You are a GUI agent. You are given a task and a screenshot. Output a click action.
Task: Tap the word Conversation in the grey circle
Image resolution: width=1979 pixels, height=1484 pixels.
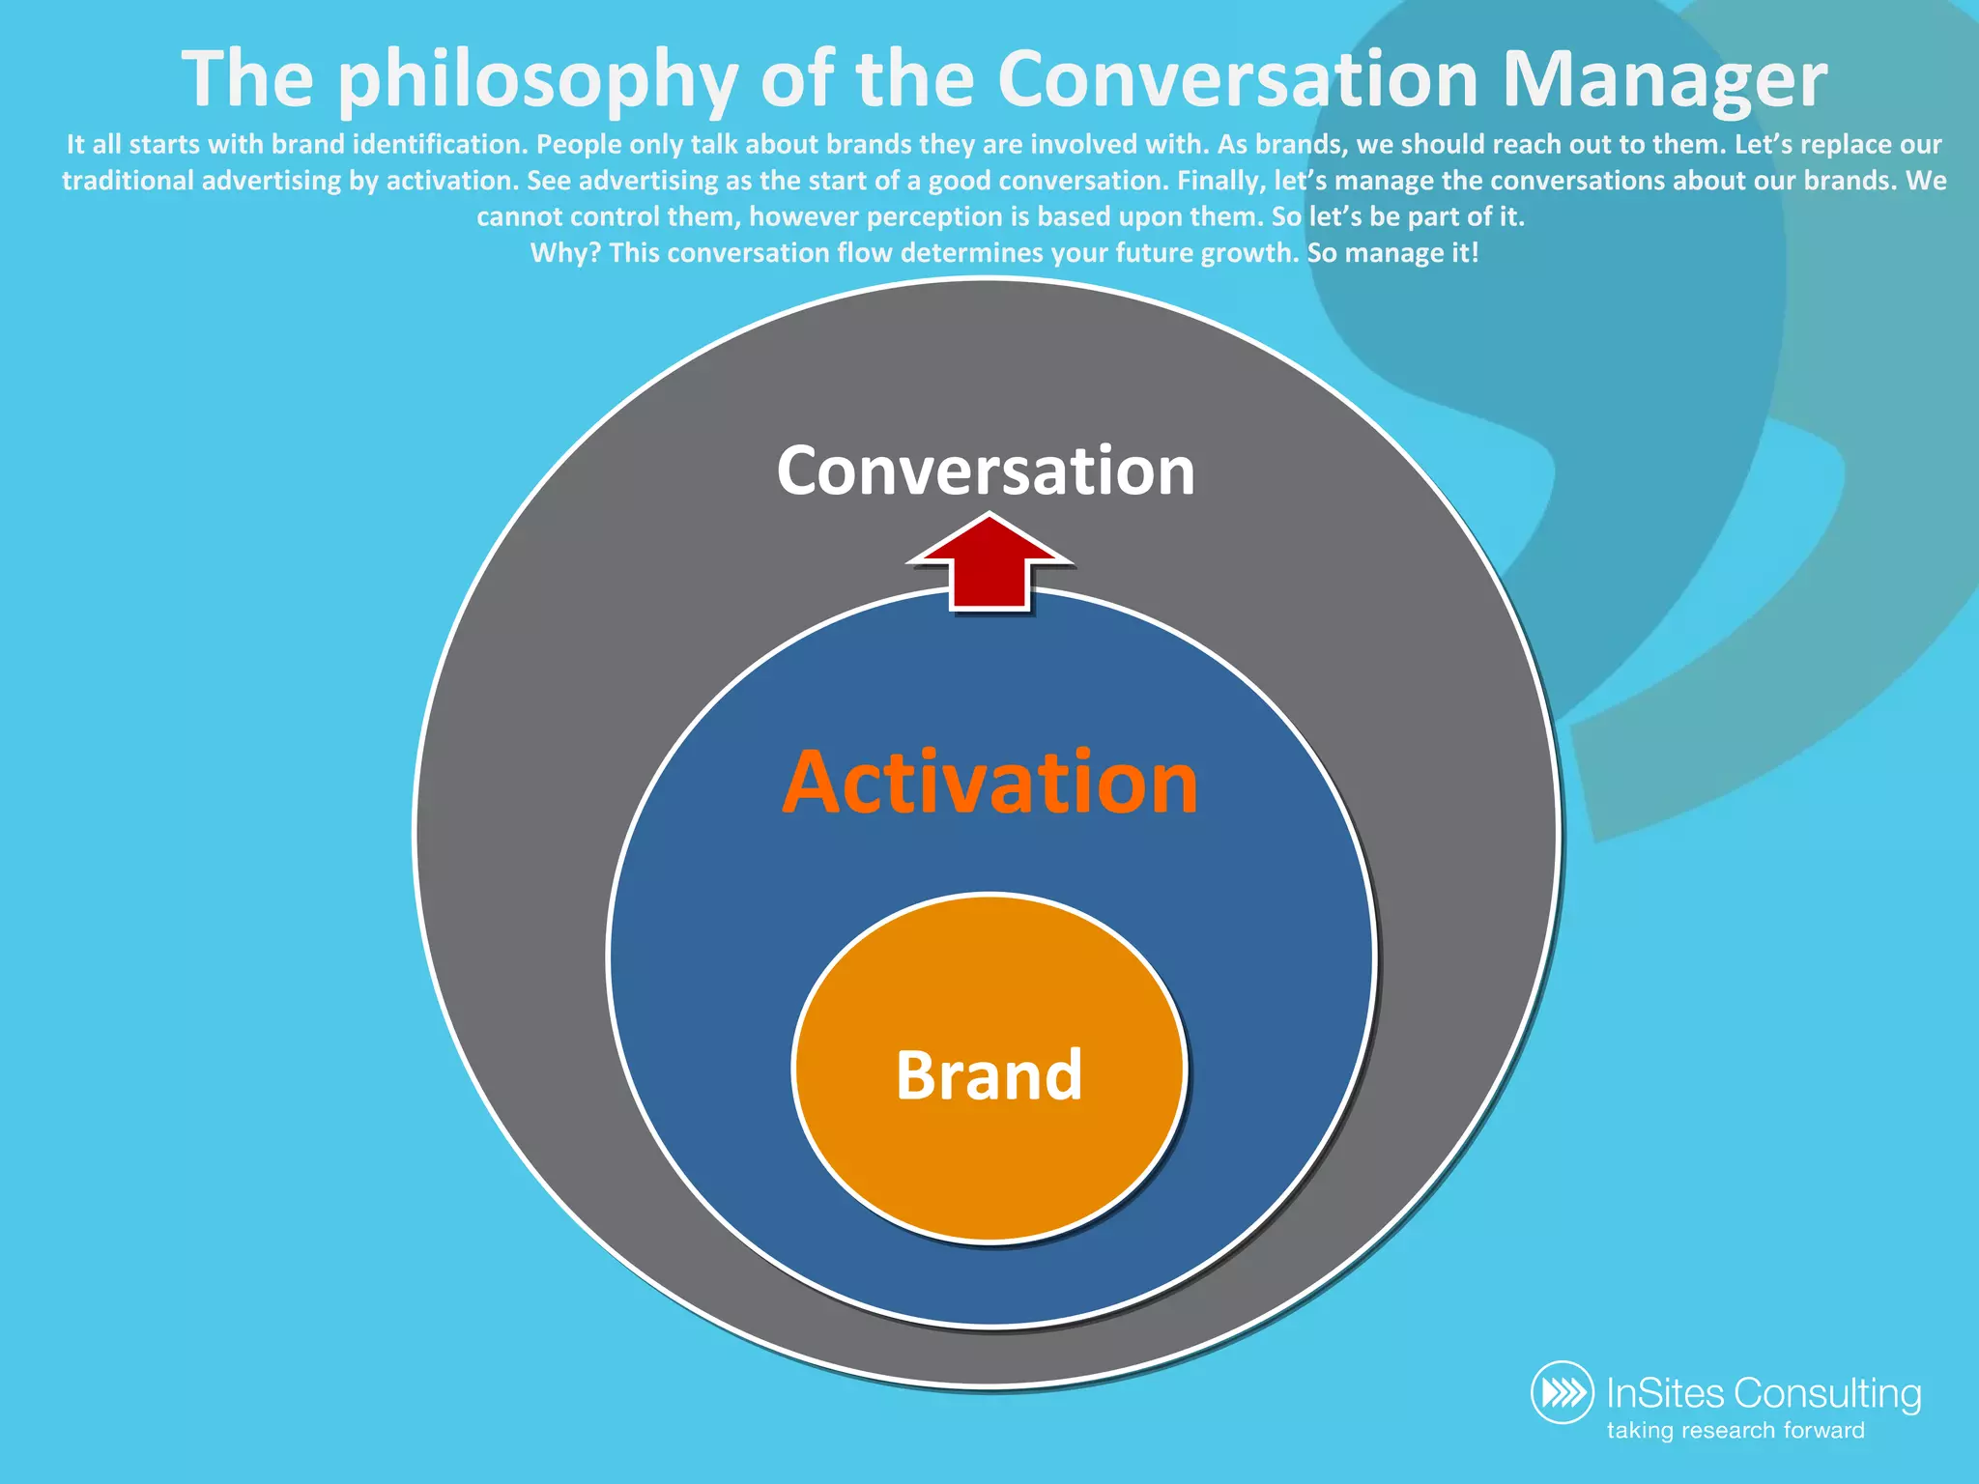coord(986,471)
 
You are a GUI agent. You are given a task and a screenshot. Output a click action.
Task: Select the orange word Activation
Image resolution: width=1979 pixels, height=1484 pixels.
coord(989,783)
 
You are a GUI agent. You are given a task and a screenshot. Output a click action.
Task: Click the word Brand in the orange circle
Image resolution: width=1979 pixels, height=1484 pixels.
coord(989,1075)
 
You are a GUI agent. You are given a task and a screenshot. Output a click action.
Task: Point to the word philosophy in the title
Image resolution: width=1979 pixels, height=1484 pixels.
coord(537,81)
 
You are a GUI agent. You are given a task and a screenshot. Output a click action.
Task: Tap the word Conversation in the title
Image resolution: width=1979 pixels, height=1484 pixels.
coord(1237,79)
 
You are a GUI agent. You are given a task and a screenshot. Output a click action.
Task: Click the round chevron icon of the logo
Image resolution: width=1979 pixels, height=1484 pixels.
coord(1563,1392)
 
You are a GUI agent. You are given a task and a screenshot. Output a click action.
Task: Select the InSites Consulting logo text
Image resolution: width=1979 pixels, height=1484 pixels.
coord(1764,1393)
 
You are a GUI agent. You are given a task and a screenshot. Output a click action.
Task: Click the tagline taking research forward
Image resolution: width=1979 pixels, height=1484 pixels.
coord(1735,1430)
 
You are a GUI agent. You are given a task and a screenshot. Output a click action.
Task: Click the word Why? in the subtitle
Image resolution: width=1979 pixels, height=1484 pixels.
coord(565,253)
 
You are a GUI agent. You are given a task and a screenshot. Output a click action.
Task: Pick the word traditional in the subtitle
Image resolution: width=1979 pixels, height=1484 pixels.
coord(129,181)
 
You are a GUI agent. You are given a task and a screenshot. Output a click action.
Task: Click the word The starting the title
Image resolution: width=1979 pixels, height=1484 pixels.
coord(247,79)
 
